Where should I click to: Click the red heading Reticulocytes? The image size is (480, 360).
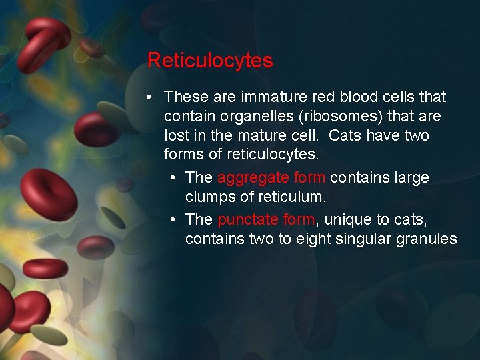pos(210,61)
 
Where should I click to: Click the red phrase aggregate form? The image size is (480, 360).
pos(271,178)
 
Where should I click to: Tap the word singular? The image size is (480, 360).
pos(361,239)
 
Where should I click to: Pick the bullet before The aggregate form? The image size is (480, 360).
pos(173,178)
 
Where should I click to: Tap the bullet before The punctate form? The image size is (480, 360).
pos(173,219)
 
